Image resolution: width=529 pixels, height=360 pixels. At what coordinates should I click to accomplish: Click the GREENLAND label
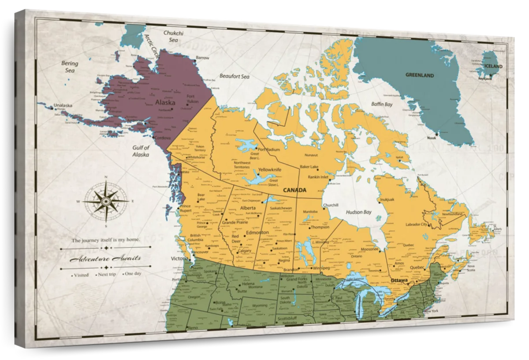419,75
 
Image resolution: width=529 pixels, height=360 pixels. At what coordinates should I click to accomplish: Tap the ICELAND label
493,66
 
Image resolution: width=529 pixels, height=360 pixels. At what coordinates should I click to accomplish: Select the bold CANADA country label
294,190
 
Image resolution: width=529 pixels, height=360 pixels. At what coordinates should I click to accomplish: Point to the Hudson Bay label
358,212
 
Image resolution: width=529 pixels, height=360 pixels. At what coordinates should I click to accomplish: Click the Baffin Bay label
382,105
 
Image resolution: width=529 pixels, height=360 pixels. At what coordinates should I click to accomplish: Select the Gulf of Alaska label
141,151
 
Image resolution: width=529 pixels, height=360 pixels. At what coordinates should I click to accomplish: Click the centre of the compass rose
106,201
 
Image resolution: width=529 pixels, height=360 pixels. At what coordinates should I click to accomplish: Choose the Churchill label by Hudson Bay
331,205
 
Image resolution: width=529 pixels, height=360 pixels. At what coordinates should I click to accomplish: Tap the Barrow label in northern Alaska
202,58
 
